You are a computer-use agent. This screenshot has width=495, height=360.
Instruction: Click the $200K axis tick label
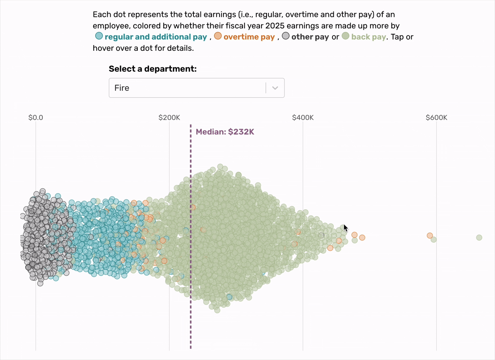pos(169,118)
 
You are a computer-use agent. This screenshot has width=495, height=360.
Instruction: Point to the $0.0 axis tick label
pos(35,118)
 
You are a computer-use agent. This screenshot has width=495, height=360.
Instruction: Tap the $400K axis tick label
pos(303,118)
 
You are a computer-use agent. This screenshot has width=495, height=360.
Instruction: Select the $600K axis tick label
pos(436,118)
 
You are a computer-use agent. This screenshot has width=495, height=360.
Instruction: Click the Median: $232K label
pos(225,132)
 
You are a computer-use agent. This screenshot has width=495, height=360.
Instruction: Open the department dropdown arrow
pos(276,88)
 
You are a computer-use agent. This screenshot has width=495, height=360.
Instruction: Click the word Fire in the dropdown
pos(122,88)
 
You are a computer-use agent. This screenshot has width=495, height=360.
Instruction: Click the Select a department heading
pos(153,69)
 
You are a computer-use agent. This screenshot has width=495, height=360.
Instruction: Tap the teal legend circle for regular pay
pos(99,36)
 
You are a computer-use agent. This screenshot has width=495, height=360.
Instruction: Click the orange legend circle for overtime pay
pos(218,36)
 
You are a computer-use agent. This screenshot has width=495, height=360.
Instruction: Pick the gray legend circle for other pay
pos(285,36)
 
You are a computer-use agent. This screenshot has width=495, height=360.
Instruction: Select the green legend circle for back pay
pos(346,36)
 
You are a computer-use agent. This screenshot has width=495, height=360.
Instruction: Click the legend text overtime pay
pos(249,37)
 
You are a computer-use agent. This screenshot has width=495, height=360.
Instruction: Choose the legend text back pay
pos(368,37)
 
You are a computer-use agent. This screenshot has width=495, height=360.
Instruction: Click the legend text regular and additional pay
pos(156,37)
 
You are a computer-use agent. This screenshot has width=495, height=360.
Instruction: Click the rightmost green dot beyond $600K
pos(479,237)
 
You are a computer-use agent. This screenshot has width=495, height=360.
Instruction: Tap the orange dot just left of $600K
pos(429,235)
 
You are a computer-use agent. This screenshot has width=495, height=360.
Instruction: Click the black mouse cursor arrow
pos(346,228)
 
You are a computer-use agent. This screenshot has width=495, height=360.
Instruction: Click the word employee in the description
pos(110,26)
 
